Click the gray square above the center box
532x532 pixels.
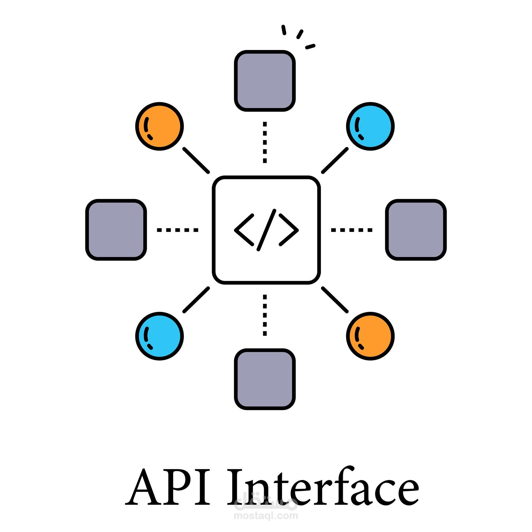click(265, 81)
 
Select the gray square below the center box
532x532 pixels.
click(265, 379)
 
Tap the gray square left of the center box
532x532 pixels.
click(116, 230)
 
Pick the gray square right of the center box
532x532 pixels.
click(416, 230)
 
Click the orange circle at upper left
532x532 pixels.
click(159, 126)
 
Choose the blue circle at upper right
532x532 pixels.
click(370, 126)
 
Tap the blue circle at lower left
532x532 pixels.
click(159, 336)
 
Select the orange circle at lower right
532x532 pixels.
click(370, 336)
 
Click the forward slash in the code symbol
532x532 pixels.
click(266, 230)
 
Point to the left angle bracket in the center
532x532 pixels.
click(244, 230)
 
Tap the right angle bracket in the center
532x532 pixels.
click(289, 230)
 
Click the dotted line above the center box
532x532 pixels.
click(265, 142)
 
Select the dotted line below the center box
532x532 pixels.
click(265, 315)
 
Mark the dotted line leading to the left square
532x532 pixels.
click(178, 230)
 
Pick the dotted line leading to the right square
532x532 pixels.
click(351, 230)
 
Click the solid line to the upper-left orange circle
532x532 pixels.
click(196, 160)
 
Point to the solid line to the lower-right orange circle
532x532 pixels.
click(335, 299)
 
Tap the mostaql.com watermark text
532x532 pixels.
click(266, 515)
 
